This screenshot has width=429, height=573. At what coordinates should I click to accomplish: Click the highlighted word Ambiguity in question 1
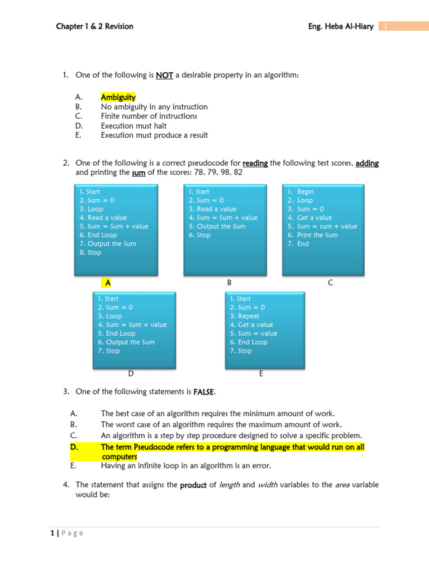pyautogui.click(x=118, y=97)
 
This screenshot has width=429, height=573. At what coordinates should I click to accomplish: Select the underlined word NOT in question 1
pyautogui.click(x=164, y=76)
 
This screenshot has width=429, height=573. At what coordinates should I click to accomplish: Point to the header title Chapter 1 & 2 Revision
pyautogui.click(x=94, y=26)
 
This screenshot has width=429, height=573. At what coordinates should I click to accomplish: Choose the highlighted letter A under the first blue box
pyautogui.click(x=108, y=283)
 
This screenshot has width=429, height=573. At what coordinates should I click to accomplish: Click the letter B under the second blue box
pyautogui.click(x=229, y=283)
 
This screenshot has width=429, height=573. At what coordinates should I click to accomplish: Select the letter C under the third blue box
pyautogui.click(x=330, y=283)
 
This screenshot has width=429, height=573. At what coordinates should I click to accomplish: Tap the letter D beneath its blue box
pyautogui.click(x=131, y=373)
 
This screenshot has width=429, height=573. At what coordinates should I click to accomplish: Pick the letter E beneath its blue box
pyautogui.click(x=261, y=373)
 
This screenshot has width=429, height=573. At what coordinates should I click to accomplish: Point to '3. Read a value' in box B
pyautogui.click(x=212, y=209)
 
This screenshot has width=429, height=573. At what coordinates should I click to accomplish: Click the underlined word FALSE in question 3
pyautogui.click(x=204, y=392)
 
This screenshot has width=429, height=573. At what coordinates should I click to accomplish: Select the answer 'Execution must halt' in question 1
pyautogui.click(x=134, y=126)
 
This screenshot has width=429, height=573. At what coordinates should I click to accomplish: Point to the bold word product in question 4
pyautogui.click(x=193, y=485)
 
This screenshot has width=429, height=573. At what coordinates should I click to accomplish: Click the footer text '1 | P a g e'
pyautogui.click(x=66, y=533)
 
